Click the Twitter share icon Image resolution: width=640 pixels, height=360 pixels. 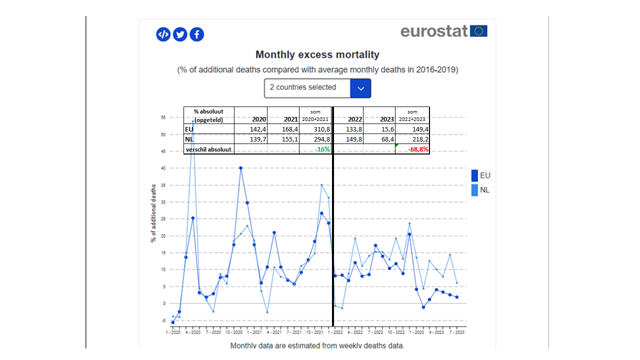coord(180,34)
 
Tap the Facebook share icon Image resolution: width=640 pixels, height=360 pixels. coord(197,34)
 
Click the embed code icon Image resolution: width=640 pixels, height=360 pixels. coord(163,34)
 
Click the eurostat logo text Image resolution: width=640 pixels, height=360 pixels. coord(434,31)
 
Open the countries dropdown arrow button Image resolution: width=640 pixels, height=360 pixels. coord(360,88)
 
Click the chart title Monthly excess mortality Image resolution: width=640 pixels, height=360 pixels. coord(317,54)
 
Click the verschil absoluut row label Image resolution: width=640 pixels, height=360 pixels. coord(208,149)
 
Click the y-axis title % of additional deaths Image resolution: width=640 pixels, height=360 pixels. coord(153,213)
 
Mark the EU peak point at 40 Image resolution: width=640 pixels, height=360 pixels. coord(240,168)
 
